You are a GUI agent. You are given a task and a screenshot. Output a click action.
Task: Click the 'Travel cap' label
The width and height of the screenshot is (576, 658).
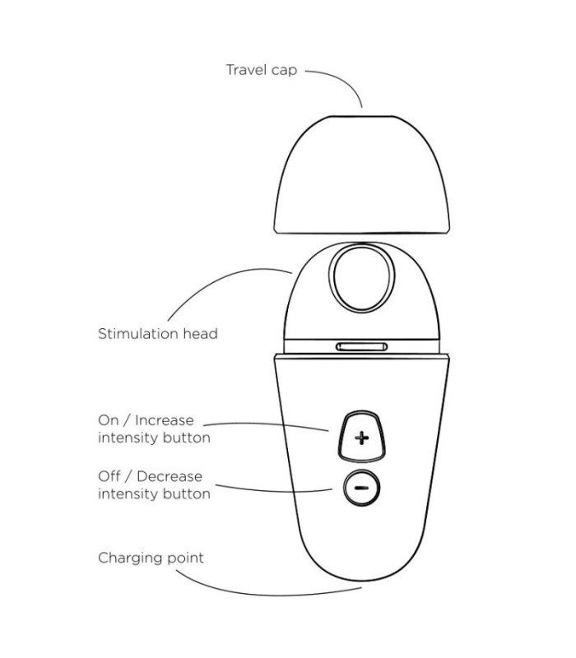point(262,70)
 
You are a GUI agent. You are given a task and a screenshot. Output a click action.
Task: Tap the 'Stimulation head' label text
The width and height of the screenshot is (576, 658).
point(158,334)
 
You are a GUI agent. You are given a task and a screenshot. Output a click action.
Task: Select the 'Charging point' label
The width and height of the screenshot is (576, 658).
point(151,558)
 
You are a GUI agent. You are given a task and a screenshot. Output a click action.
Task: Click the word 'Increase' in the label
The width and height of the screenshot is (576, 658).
point(165,420)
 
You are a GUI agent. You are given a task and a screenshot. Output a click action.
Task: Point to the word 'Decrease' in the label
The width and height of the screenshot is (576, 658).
point(170,476)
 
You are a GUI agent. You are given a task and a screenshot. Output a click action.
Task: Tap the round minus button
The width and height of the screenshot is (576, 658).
point(361,488)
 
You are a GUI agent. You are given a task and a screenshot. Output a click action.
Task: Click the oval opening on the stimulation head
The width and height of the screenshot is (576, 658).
point(361,278)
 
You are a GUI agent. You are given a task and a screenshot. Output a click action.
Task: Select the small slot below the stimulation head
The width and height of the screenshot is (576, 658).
point(361,346)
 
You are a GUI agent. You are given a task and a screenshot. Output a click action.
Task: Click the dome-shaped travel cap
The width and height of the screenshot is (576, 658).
point(361,174)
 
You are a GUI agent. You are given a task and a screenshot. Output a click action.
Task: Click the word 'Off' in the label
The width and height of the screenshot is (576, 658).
point(109,476)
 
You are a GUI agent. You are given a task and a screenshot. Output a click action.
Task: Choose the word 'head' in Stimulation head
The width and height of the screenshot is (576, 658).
point(201,334)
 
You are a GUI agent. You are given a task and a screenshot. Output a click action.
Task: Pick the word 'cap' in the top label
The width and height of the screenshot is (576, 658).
point(284,71)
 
